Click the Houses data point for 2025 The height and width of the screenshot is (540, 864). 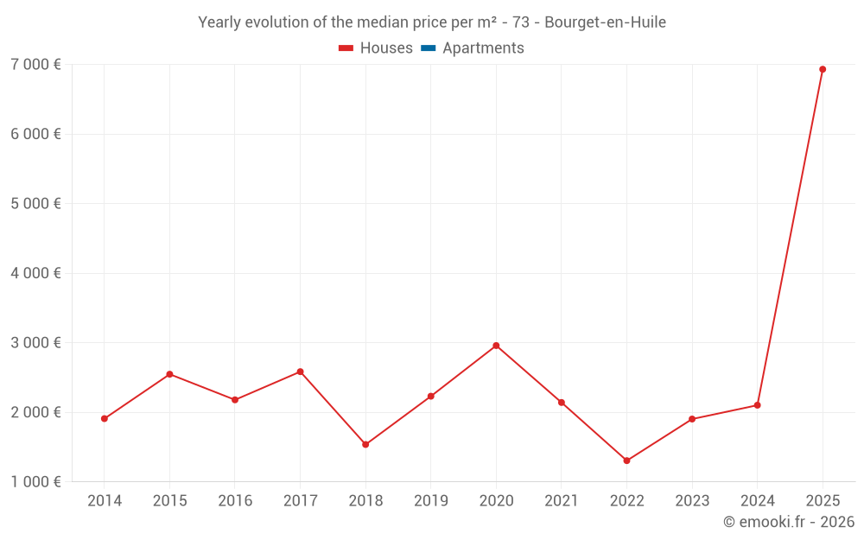pos(823,69)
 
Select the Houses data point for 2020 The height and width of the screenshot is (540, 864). pos(496,346)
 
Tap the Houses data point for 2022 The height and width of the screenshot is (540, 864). pos(626,461)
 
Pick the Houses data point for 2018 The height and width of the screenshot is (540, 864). pos(365,444)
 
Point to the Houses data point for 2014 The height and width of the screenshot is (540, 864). pos(105,419)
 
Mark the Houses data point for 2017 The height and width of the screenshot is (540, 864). pos(300,372)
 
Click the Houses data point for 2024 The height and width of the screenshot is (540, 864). pos(757,405)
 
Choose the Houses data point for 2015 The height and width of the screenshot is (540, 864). pos(169,374)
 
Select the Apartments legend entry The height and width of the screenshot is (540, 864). pos(483,48)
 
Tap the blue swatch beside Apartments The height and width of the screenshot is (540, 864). pos(428,48)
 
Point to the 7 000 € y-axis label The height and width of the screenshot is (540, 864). pos(35,65)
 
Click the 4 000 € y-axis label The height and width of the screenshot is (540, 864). pos(35,273)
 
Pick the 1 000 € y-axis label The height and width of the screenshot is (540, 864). pos(35,481)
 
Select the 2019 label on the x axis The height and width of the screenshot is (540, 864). pos(430,501)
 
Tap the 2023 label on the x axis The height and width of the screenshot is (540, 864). pos(692,501)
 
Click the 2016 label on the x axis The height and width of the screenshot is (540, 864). pos(235,501)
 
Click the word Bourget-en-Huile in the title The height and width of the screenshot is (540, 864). pos(605,22)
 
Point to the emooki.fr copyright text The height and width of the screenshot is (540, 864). pos(788,522)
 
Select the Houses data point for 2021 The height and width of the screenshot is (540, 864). pos(562,403)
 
